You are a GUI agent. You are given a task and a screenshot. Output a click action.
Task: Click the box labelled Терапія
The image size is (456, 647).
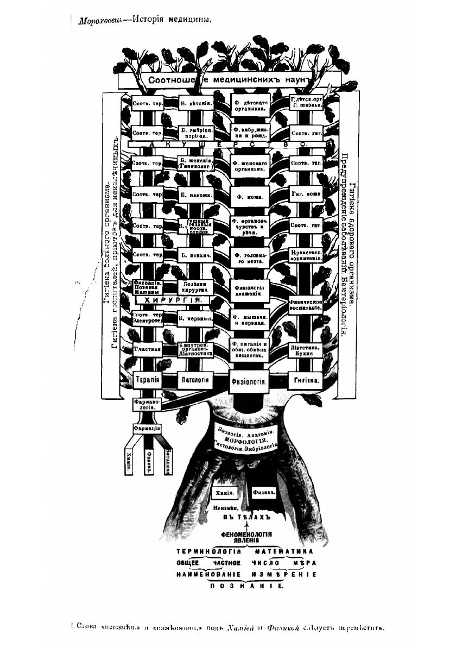click(147, 379)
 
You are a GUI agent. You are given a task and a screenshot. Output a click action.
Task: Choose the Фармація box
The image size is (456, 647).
click(147, 428)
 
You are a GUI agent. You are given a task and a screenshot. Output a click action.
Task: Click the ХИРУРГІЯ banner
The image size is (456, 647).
click(169, 300)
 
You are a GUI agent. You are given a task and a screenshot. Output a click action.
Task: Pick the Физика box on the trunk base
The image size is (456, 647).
click(264, 492)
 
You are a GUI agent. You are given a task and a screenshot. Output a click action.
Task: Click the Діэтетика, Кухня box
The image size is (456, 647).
click(307, 349)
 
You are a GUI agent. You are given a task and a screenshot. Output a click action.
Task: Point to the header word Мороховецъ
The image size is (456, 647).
click(98, 21)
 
